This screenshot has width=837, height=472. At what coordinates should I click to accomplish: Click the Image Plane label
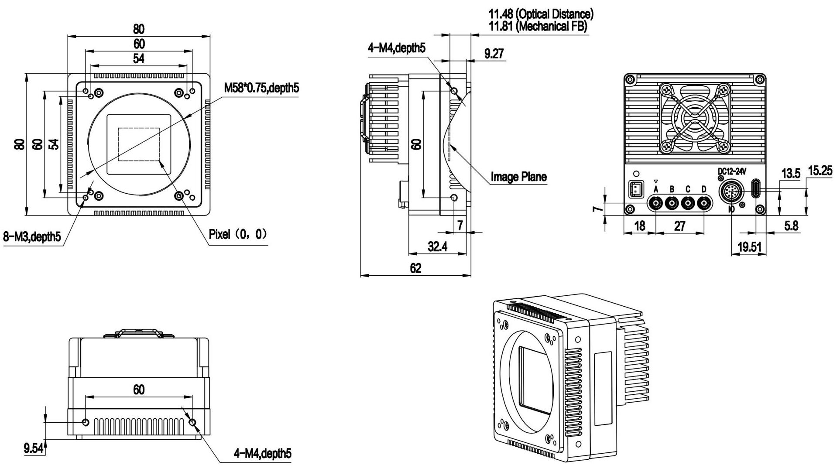(518, 177)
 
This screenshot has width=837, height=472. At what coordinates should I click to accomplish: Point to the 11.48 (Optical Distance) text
(541, 14)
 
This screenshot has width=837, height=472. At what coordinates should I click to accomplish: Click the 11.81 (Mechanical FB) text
(538, 26)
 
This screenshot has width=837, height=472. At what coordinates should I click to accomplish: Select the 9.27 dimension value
(494, 54)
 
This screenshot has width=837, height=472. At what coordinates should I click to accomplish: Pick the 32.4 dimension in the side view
(437, 247)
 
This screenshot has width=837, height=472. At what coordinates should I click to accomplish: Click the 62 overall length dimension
(415, 268)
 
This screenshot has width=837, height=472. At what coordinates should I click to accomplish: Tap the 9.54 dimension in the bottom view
(33, 448)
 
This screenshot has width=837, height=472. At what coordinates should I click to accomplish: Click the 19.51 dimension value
(749, 248)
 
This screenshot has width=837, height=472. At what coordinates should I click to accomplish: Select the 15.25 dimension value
(820, 171)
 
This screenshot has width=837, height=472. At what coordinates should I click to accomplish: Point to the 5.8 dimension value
(791, 226)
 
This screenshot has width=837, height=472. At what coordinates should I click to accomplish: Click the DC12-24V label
(732, 172)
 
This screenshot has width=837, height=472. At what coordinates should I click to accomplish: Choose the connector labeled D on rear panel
(703, 203)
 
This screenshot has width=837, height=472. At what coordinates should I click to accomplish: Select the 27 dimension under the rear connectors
(680, 226)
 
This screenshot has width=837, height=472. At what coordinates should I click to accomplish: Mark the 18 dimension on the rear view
(639, 226)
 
